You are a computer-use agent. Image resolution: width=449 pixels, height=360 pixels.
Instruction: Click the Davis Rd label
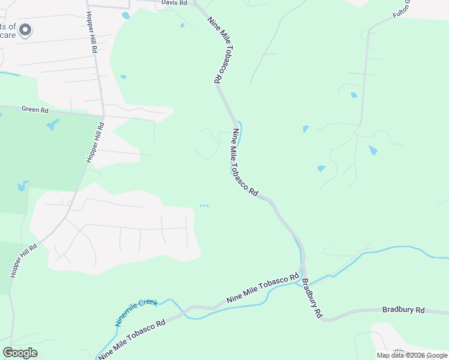coord(175,3)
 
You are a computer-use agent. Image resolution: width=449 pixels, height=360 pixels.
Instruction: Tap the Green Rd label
coord(35,110)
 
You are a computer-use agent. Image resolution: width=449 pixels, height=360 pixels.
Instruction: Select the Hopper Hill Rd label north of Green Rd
coord(91,33)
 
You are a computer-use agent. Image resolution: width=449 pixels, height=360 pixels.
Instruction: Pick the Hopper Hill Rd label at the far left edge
coord(23,260)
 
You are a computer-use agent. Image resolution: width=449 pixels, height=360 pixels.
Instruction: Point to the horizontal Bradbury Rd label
coord(403,310)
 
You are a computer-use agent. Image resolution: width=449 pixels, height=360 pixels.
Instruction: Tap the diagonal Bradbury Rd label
coord(312,298)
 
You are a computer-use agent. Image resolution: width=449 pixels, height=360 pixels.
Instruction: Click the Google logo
coord(20,353)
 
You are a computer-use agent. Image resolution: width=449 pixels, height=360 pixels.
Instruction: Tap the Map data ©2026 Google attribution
coord(412,355)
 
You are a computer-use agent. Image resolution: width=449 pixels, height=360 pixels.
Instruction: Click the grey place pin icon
coord(25,29)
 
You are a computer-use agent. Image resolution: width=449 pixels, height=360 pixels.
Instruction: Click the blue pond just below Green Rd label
coord(53,125)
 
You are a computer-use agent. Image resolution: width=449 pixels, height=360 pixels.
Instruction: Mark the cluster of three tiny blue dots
coord(204,206)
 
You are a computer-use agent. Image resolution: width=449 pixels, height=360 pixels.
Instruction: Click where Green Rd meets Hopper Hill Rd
coord(103,116)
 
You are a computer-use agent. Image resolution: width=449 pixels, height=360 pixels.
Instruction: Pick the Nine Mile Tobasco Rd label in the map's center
coord(244,163)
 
